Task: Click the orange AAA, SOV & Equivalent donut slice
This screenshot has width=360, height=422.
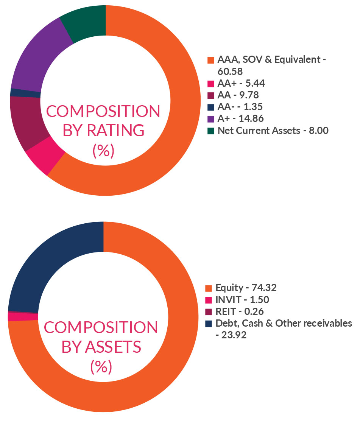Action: point(178,114)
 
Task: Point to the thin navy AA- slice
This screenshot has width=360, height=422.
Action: point(25,93)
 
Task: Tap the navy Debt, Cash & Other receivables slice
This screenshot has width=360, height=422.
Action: point(45,265)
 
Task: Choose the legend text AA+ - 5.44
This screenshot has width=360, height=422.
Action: point(241,83)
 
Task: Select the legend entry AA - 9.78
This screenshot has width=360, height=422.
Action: point(238,95)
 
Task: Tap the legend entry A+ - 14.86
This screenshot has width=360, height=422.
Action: point(240,119)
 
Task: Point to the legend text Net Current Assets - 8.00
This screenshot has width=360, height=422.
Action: point(273,131)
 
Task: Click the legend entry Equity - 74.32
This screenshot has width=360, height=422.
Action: point(246,288)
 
